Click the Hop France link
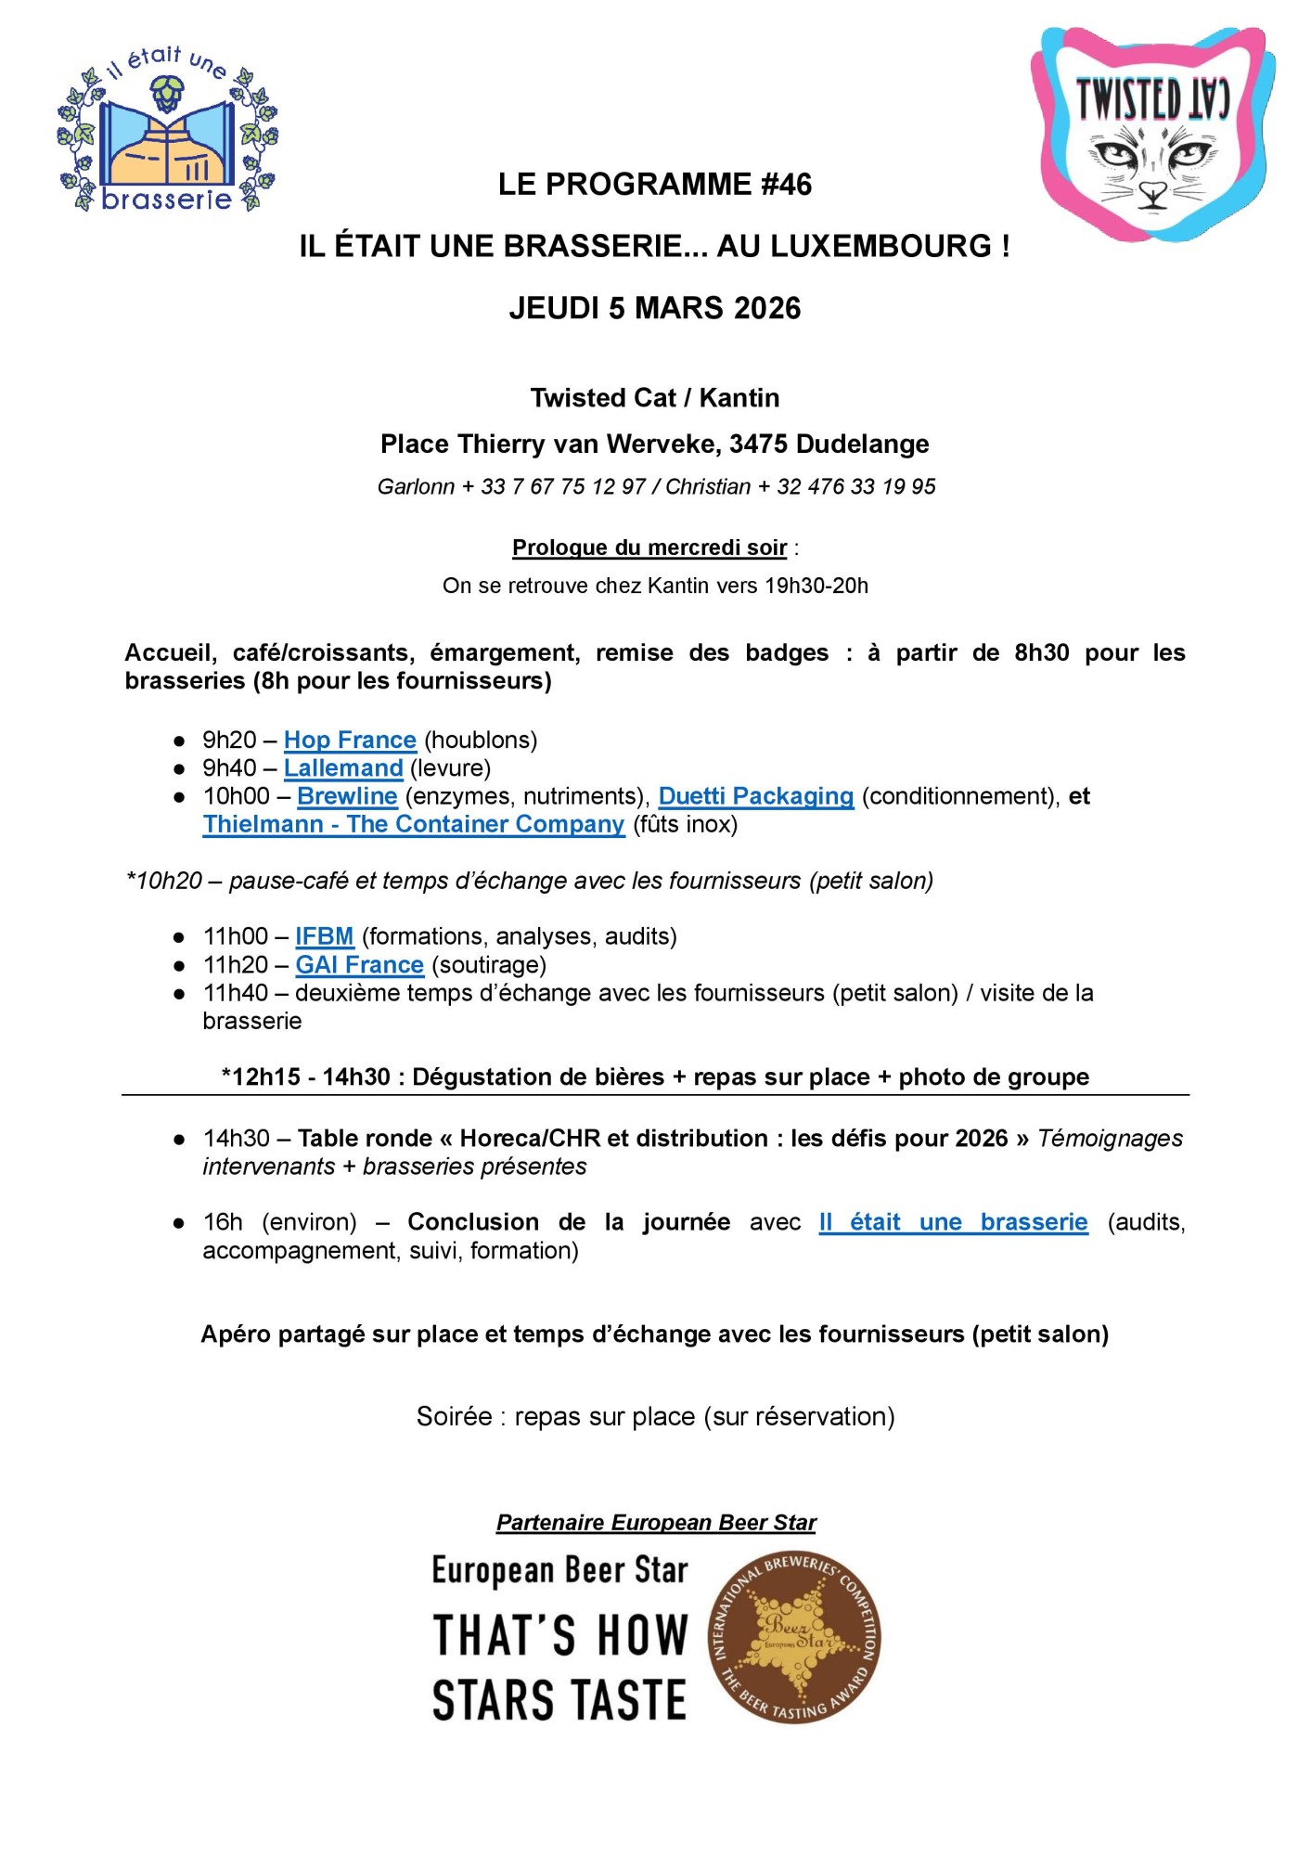click(x=350, y=740)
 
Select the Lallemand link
click(x=343, y=768)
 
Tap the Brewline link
click(x=347, y=796)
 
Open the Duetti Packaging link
click(x=755, y=796)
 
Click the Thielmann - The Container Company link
click(x=414, y=824)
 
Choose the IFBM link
click(x=325, y=936)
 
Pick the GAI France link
click(x=359, y=965)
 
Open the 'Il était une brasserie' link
click(x=953, y=1222)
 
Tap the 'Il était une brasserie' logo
click(x=168, y=130)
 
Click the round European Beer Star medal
click(x=794, y=1638)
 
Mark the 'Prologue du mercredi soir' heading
click(x=649, y=548)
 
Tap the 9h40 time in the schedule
click(x=229, y=768)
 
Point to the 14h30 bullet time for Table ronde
click(x=236, y=1139)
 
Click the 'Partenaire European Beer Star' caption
click(x=656, y=1523)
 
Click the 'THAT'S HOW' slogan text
click(x=560, y=1635)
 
